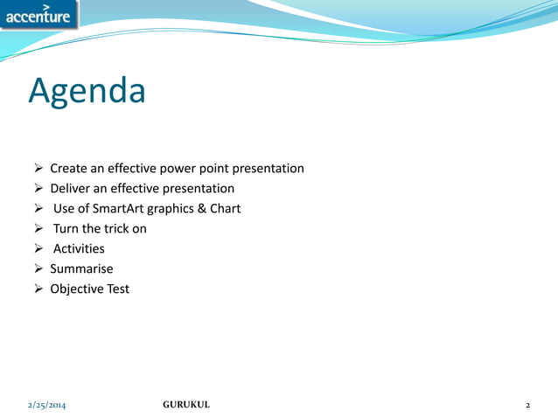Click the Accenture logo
(38, 15)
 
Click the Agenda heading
(87, 91)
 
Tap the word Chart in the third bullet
(225, 208)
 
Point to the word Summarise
(81, 268)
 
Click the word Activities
(79, 248)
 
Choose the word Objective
(78, 289)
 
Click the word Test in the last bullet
(119, 289)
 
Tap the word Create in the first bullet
(69, 168)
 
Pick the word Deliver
(70, 188)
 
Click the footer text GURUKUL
(186, 405)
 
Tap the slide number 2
(527, 405)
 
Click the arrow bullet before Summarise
(38, 268)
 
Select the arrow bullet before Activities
(38, 248)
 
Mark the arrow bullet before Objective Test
(38, 289)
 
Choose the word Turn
(66, 228)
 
